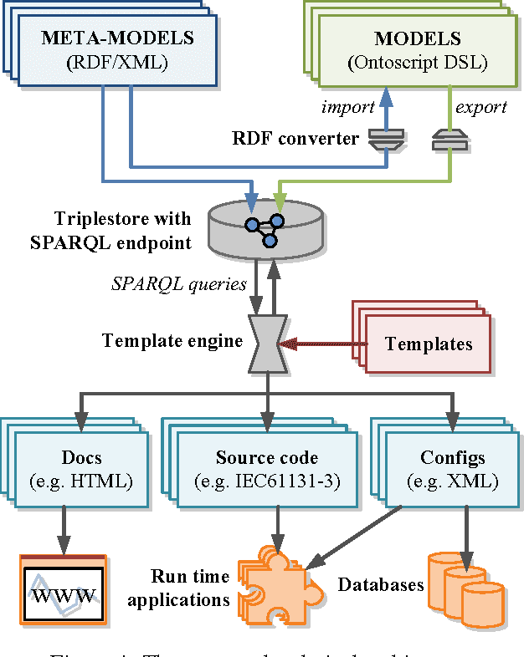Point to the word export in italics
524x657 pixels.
(480, 108)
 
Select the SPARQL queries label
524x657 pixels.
(178, 283)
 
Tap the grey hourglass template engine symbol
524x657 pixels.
(268, 342)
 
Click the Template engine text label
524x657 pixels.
(172, 340)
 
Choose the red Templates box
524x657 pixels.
(428, 344)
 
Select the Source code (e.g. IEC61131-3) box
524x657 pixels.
(266, 469)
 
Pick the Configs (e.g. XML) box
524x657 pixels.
(452, 469)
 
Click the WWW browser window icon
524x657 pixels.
(64, 590)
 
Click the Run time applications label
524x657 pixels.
(190, 588)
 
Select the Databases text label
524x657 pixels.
(380, 584)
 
